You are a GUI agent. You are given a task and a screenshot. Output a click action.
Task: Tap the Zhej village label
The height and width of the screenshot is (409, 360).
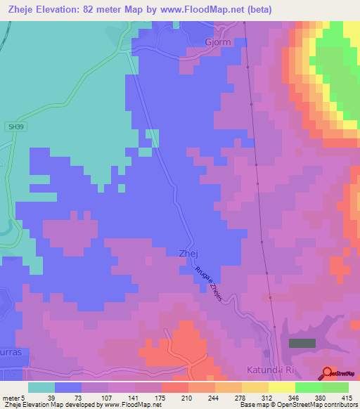click(179, 254)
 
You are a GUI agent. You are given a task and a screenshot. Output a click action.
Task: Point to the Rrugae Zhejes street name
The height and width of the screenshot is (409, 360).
click(208, 283)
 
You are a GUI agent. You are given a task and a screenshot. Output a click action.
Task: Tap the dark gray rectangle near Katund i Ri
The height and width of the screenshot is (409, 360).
click(302, 343)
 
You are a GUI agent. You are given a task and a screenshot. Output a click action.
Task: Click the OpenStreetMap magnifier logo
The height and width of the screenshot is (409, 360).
click(328, 373)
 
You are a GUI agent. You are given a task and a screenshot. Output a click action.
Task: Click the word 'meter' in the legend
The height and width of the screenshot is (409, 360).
click(11, 397)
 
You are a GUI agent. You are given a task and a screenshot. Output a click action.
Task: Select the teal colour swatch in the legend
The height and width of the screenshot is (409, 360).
click(41, 387)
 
